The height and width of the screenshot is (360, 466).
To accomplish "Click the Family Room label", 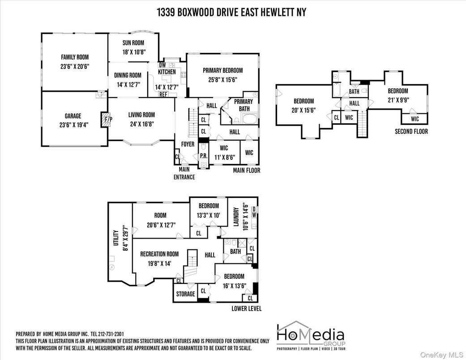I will (x=75, y=57).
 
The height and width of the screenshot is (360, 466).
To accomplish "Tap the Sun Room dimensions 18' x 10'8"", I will (x=133, y=52).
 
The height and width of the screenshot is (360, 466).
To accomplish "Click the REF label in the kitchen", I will (x=163, y=95).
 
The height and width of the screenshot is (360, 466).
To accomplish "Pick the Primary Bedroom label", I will (x=222, y=70).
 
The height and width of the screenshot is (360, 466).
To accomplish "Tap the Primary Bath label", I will (x=244, y=104).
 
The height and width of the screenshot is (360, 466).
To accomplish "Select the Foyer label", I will (x=188, y=144).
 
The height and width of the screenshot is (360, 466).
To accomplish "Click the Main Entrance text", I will (x=184, y=173).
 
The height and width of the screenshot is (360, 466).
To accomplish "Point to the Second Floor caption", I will (x=411, y=132).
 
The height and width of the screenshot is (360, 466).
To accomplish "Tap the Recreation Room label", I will (x=159, y=254).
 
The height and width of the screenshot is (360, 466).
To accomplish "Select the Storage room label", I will (x=185, y=294).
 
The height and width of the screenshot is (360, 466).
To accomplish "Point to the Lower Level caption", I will (x=246, y=309).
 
